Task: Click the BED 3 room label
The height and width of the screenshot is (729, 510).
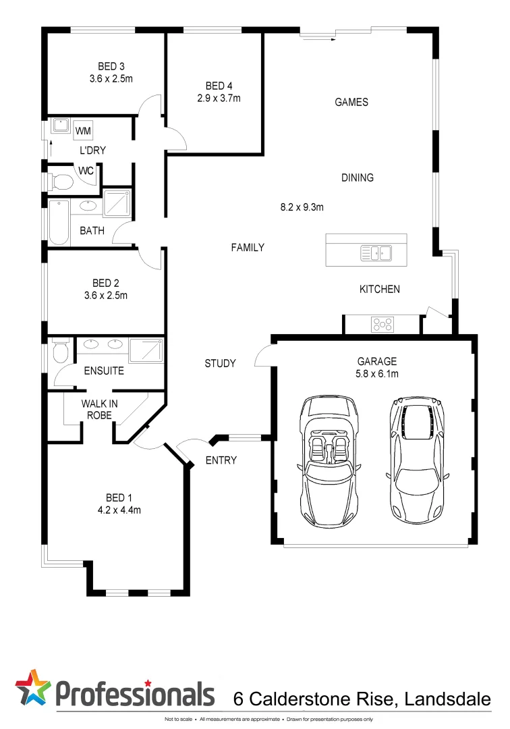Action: point(111,66)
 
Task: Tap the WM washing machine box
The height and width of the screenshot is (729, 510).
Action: point(84,130)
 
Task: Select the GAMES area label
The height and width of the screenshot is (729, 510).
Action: point(351,103)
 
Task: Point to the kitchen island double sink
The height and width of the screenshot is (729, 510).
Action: point(376,253)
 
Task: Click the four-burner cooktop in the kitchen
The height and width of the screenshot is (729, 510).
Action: point(382,325)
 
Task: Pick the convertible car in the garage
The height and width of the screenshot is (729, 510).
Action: point(329,459)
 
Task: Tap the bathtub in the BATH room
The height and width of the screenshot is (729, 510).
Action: point(59,222)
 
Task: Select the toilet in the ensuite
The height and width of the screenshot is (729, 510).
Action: point(59,351)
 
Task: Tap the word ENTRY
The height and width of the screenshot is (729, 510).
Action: point(221,460)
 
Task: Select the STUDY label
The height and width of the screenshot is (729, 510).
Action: point(220,363)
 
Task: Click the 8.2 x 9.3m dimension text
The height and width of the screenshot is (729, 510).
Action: point(302,207)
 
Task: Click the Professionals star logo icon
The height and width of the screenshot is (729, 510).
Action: point(32,688)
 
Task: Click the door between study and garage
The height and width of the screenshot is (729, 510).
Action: point(265,356)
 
